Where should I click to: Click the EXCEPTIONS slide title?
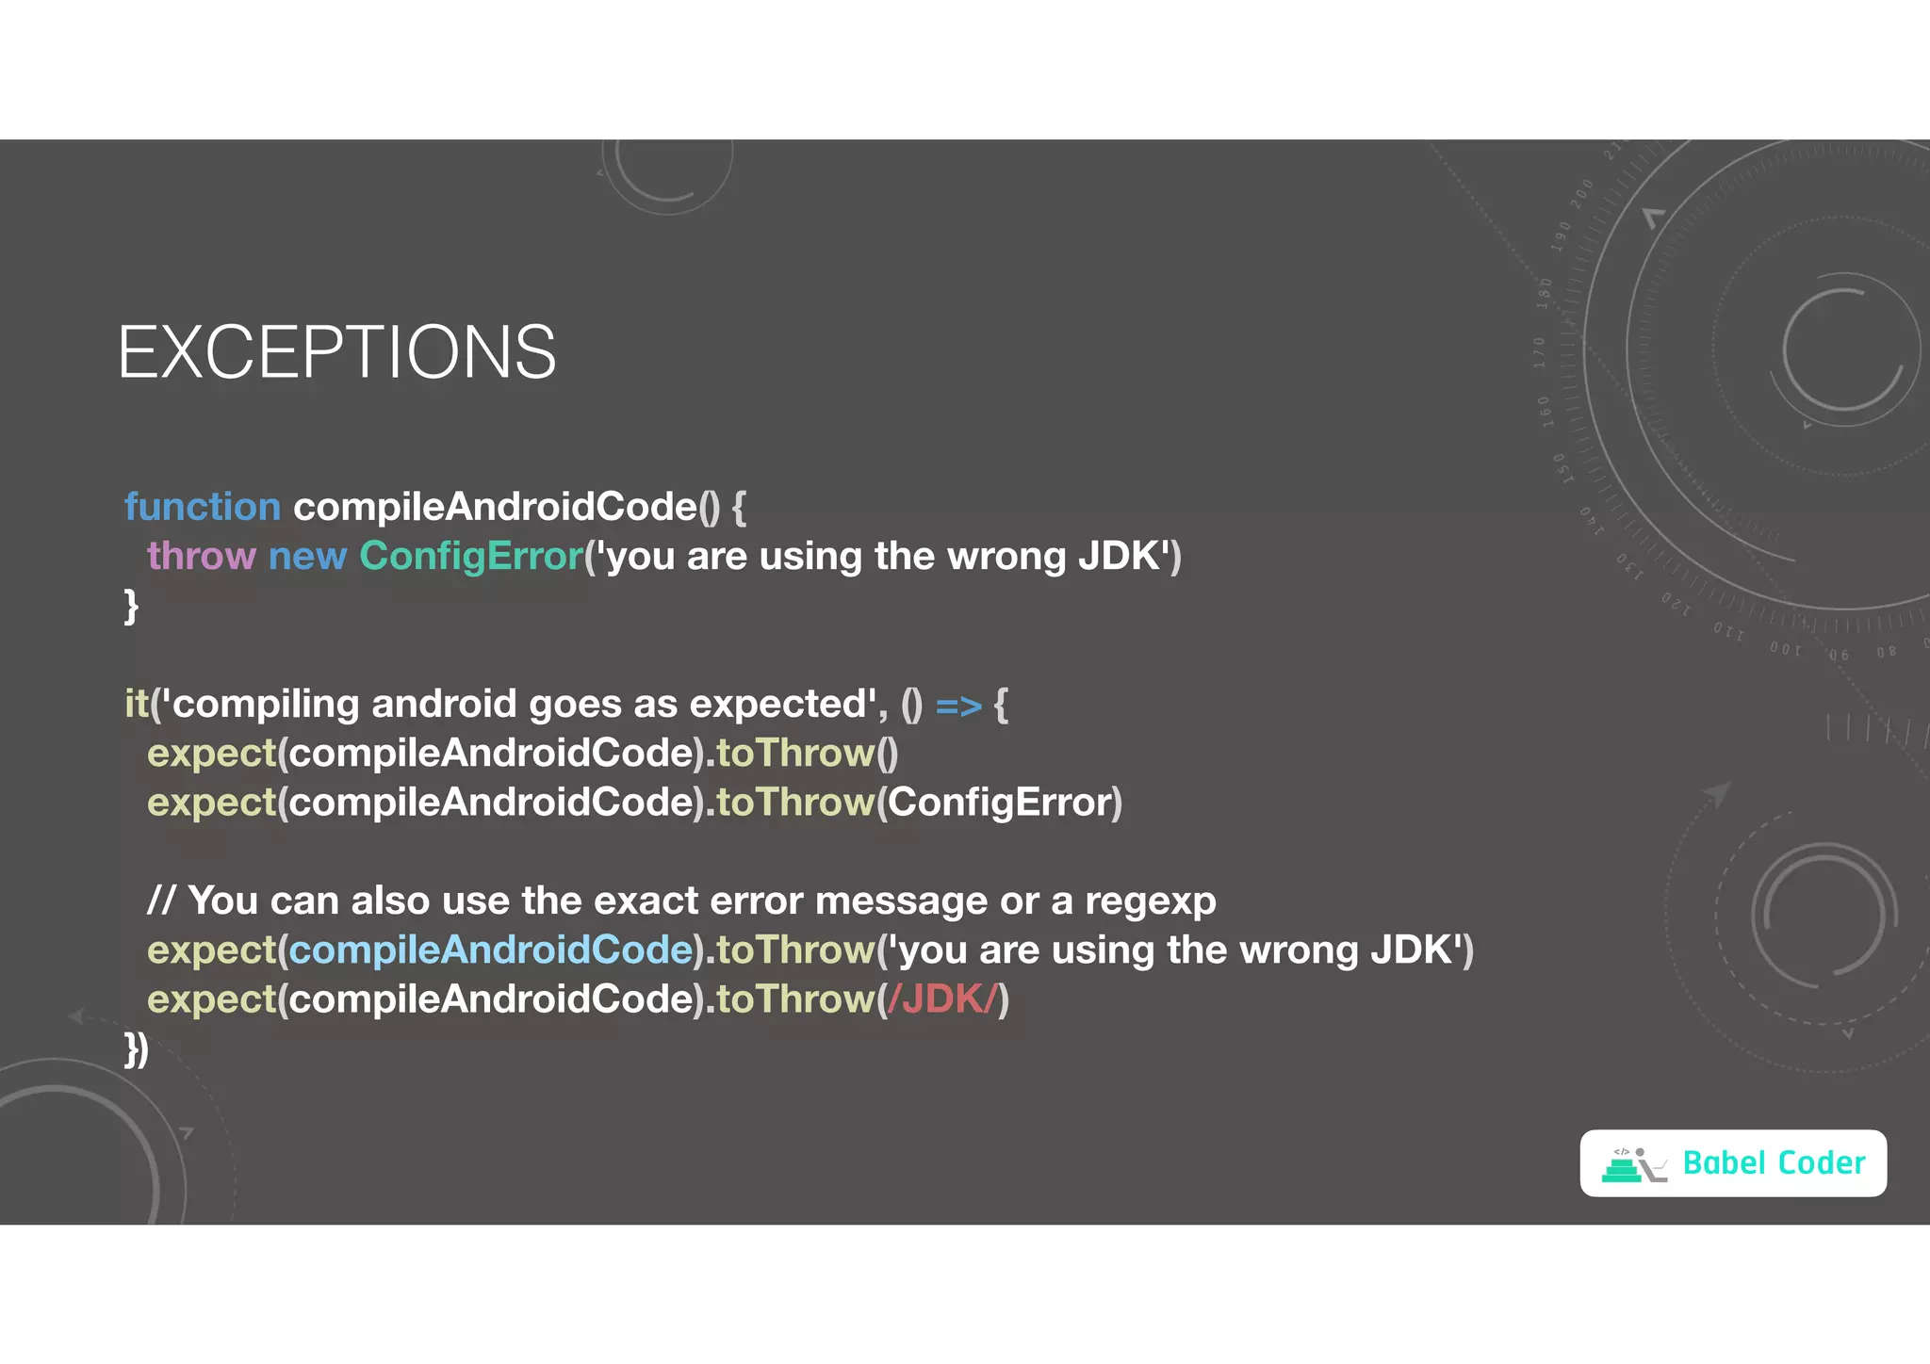pos(336,352)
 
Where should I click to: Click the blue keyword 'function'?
pos(203,507)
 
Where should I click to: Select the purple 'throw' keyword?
pos(201,556)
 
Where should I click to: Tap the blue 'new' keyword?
pos(307,556)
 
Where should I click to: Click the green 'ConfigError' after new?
pos(471,556)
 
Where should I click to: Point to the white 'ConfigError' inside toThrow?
pos(1000,803)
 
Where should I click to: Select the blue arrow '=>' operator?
pos(958,705)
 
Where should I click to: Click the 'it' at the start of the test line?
pos(137,704)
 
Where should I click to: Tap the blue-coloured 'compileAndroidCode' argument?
pos(491,950)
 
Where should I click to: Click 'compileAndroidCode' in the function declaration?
pos(496,507)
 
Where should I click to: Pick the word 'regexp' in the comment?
pos(1150,901)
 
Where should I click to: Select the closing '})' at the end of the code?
pos(137,1049)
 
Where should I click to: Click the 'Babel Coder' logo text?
pos(1774,1163)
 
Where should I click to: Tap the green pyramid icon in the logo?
pos(1621,1169)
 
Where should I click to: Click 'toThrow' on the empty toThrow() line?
pos(795,754)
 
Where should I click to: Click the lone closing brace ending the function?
pos(131,606)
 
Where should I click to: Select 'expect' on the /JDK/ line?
pos(211,999)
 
